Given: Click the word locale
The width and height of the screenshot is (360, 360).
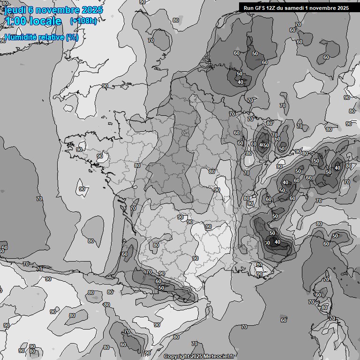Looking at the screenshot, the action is pos(45,21).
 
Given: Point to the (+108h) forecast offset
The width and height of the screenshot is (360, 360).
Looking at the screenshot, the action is pos(83,21).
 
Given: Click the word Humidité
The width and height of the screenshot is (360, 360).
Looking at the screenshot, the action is pos(19,37).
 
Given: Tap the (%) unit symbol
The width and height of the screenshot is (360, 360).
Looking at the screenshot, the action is pos(72,37).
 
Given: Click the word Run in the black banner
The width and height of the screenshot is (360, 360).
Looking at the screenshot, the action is pos(249,8).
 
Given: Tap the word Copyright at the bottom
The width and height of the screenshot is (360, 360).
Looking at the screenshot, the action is pos(176,356).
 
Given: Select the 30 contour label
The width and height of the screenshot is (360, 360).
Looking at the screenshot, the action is pos(267,242).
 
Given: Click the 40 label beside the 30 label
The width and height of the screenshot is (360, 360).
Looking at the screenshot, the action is pos(277,242).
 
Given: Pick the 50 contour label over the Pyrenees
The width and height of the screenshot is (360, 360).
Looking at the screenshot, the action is pos(161,288).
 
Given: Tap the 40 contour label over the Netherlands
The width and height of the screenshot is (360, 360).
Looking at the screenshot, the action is pos(240,82).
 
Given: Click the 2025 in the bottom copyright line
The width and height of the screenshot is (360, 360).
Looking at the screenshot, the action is pos(196,356).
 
